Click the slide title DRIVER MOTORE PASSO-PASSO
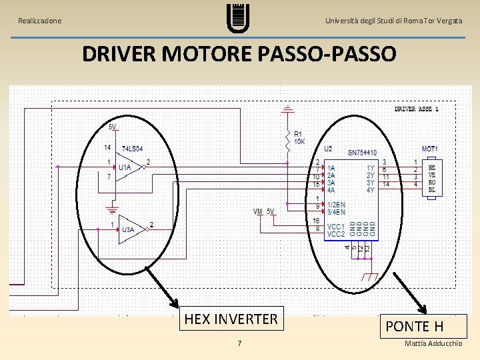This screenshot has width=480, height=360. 239,53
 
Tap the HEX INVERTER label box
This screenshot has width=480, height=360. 231,319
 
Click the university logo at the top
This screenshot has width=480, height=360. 238,18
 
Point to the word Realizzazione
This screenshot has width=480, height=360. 40,21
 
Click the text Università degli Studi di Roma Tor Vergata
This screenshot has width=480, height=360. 393,21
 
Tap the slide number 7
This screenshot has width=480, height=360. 239,343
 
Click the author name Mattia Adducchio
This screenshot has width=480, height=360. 433,343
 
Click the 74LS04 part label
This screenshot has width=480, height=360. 132,148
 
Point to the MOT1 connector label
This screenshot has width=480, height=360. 429,149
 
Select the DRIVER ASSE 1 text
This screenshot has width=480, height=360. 416,109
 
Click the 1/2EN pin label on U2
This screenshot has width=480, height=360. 336,205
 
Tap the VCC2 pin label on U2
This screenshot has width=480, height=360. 335,234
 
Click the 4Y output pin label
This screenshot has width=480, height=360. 371,190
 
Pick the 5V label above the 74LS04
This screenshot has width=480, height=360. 112,127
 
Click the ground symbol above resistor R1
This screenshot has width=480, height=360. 287,109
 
